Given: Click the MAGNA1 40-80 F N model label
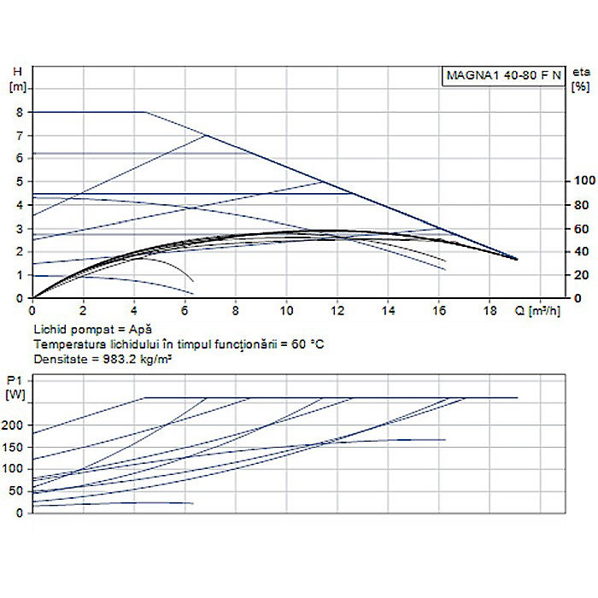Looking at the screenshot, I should click(x=503, y=75).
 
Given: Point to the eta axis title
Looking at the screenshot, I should click(x=581, y=73).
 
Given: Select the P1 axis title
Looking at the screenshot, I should click(x=14, y=379).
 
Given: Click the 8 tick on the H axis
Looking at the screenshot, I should click(x=18, y=112).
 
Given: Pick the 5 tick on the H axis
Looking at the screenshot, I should click(x=18, y=182).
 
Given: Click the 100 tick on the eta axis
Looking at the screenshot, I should click(x=584, y=181).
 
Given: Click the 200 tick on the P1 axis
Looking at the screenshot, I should click(x=15, y=425).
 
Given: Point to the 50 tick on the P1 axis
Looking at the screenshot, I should click(x=17, y=491).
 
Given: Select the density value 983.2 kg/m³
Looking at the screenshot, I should click(x=127, y=359).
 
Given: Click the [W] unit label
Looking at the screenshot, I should click(x=15, y=394).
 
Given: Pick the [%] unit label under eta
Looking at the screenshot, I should click(x=581, y=87).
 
